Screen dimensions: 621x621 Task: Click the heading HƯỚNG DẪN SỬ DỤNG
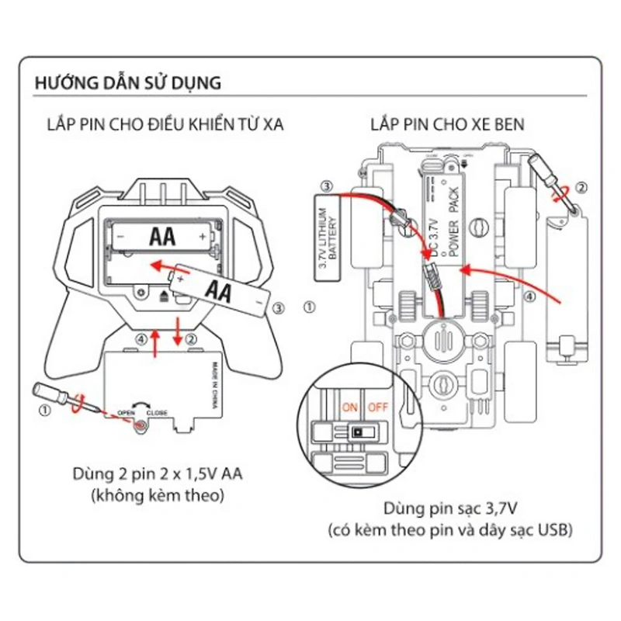click(128, 82)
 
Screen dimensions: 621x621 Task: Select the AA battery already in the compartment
click(160, 234)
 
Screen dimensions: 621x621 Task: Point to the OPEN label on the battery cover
click(127, 412)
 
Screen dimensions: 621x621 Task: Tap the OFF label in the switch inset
click(377, 405)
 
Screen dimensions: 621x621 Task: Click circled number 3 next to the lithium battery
click(328, 186)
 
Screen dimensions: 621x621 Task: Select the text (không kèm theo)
click(158, 494)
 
